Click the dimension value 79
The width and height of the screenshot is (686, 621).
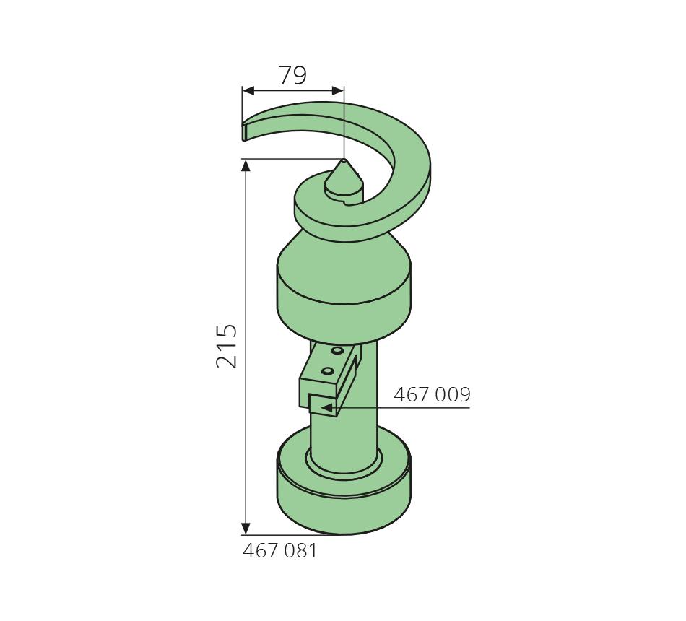click(292, 75)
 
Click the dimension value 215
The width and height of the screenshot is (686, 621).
click(227, 346)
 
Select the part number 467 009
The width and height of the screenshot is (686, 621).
click(432, 394)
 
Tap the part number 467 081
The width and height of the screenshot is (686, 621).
click(279, 550)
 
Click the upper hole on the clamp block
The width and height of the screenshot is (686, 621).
click(337, 350)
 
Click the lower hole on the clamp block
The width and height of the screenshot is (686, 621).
click(328, 371)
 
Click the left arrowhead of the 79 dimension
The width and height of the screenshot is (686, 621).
click(248, 90)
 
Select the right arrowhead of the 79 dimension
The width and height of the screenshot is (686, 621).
click(338, 90)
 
